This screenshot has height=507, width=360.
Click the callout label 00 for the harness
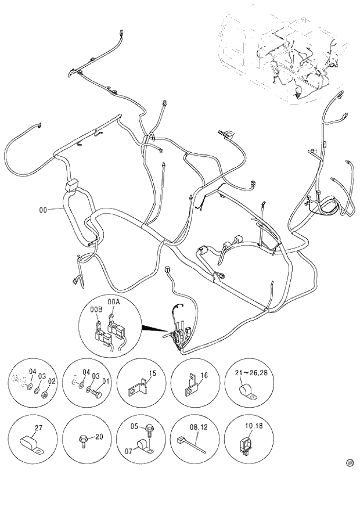(x=42, y=210)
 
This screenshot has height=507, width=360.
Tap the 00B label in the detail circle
(x=95, y=310)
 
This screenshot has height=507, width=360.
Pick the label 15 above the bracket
(x=152, y=373)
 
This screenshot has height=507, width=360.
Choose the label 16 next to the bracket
(x=204, y=376)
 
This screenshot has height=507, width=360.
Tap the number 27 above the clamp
(x=39, y=428)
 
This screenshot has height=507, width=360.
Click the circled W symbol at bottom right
(x=350, y=463)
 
